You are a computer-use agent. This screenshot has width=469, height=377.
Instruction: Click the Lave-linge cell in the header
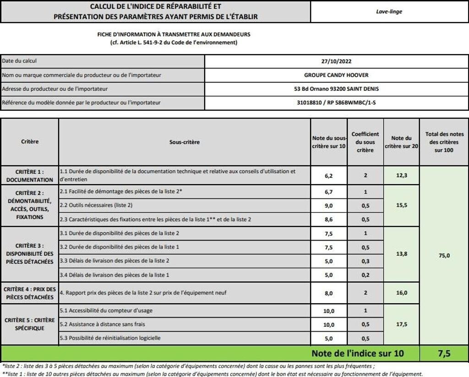pyautogui.click(x=389, y=12)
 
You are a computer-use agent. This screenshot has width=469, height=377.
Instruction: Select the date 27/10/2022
pyautogui.click(x=336, y=61)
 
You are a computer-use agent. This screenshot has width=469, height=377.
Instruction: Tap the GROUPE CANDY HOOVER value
pyautogui.click(x=336, y=75)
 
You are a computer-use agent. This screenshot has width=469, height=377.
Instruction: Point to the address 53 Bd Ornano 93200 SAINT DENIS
pyautogui.click(x=336, y=89)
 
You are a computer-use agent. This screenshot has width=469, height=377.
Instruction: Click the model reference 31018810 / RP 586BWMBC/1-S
pyautogui.click(x=336, y=103)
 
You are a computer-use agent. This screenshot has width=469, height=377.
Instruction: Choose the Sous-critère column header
pyautogui.click(x=185, y=142)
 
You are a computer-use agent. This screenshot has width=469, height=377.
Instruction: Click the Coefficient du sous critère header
pyautogui.click(x=365, y=142)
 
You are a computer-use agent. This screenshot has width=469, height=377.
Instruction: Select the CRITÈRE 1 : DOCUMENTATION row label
pyautogui.click(x=30, y=175)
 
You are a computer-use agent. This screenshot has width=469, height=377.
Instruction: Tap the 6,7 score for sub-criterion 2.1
pyautogui.click(x=328, y=192)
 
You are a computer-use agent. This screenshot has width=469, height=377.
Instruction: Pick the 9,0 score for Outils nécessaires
pyautogui.click(x=328, y=206)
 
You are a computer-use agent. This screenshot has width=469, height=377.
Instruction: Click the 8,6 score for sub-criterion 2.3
pyautogui.click(x=328, y=219)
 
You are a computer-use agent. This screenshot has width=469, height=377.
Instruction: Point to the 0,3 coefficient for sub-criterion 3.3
pyautogui.click(x=365, y=261)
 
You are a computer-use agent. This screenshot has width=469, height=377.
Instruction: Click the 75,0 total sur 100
pyautogui.click(x=444, y=256)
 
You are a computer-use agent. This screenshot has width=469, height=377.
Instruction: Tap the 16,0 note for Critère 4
pyautogui.click(x=401, y=293)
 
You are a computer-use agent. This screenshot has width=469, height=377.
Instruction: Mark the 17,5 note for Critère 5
pyautogui.click(x=401, y=324)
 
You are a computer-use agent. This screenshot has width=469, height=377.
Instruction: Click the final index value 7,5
pyautogui.click(x=444, y=353)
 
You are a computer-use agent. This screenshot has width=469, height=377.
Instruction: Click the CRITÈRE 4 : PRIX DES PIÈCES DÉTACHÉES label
pyautogui.click(x=30, y=293)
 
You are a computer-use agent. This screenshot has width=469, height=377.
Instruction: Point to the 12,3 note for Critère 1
pyautogui.click(x=401, y=175)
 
